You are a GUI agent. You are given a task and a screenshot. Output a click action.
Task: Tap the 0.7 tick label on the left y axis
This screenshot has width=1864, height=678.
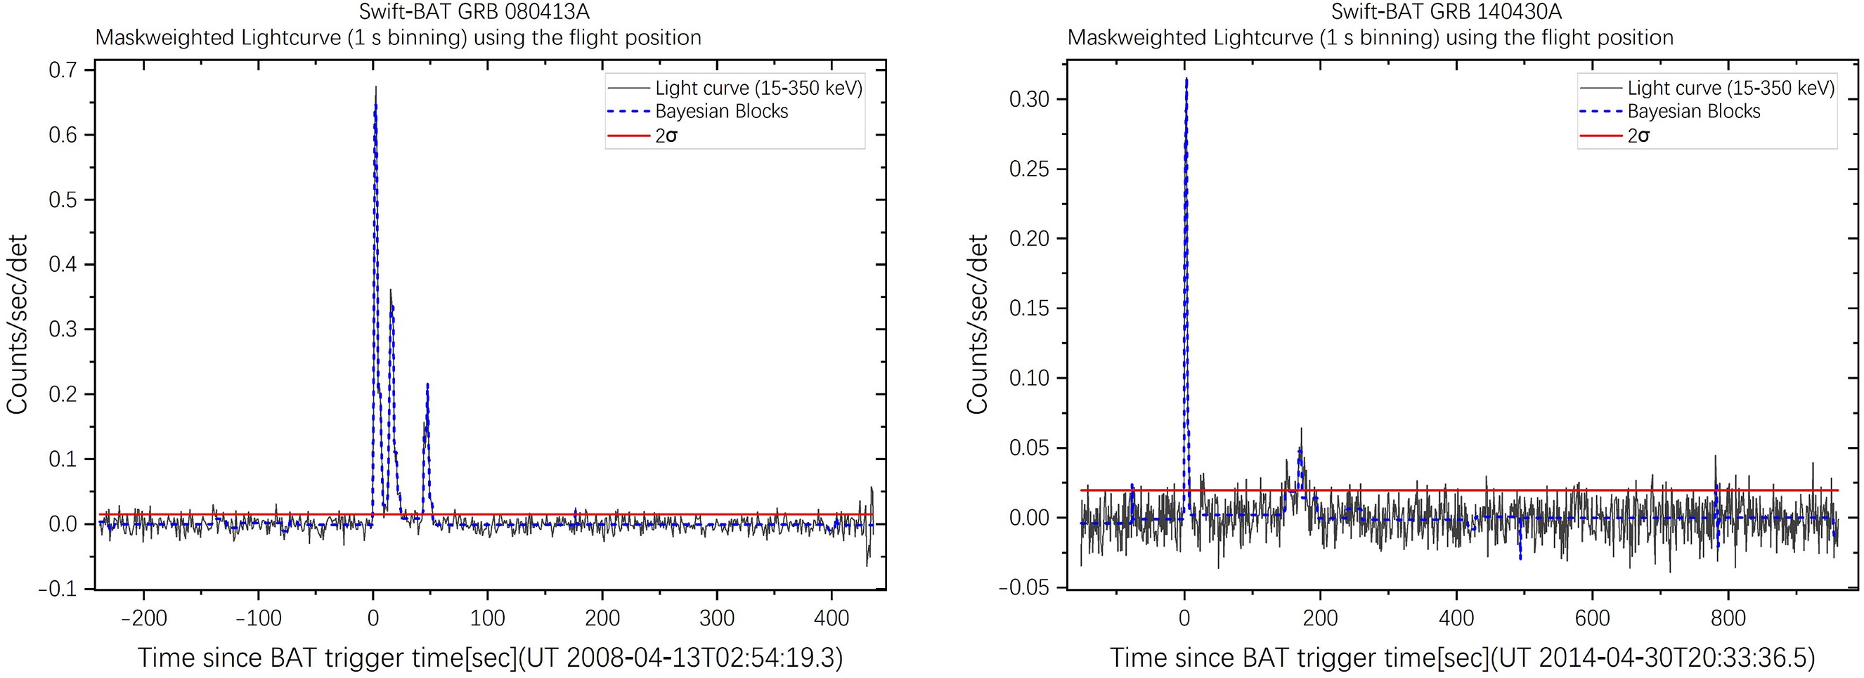[x=63, y=70]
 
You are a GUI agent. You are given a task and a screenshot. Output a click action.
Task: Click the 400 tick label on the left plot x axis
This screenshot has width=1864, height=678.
[x=831, y=618]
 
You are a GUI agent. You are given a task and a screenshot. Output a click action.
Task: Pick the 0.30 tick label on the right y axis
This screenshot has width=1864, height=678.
[x=1029, y=99]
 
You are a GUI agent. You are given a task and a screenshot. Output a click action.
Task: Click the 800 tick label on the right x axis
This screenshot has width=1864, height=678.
[x=1728, y=618]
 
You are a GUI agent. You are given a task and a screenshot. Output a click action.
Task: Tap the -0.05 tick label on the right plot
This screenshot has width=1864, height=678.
[x=1023, y=587]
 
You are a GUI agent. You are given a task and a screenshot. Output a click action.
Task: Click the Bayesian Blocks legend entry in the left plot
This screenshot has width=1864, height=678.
[x=720, y=112]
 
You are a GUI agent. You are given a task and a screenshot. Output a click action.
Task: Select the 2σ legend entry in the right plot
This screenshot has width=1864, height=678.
[x=1638, y=136]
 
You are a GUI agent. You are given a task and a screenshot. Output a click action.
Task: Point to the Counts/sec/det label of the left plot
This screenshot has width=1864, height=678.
[x=18, y=324]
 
